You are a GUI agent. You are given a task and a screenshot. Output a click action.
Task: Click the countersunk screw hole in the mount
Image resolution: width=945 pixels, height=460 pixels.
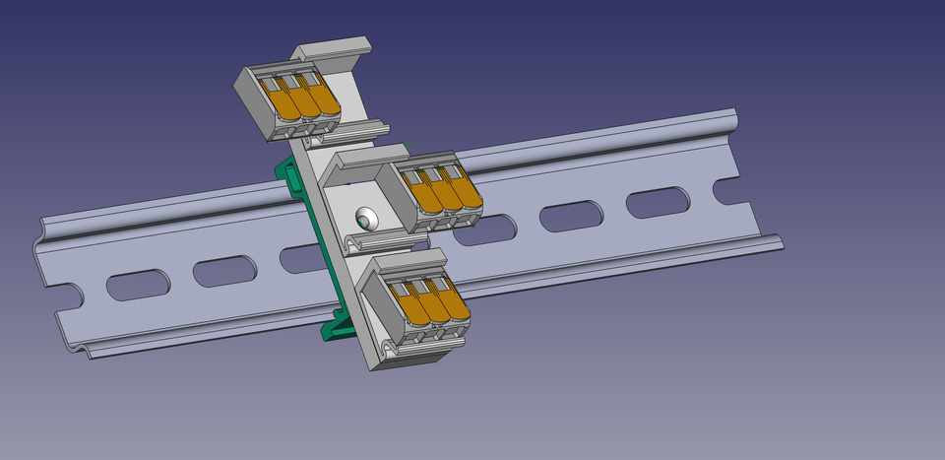(367, 218)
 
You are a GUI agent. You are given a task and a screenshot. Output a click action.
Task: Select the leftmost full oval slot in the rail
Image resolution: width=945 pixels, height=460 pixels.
(138, 285)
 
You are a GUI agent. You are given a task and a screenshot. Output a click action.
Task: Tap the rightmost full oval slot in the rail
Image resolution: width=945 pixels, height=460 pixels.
(658, 202)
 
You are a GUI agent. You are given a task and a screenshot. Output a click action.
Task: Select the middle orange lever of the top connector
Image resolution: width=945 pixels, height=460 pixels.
(304, 98)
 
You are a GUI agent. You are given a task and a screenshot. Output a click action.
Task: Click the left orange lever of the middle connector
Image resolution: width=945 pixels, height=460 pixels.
(426, 194)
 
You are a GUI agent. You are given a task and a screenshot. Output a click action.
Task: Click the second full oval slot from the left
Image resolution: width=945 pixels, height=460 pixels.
(224, 271)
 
